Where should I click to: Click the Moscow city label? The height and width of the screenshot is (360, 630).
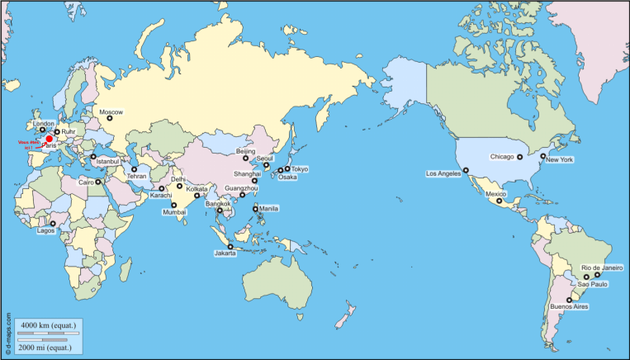click(x=111, y=112)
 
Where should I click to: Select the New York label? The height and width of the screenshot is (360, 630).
click(x=560, y=159)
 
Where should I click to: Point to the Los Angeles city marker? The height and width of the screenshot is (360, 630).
click(x=466, y=170)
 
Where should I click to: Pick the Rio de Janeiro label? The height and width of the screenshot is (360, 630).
click(x=602, y=267)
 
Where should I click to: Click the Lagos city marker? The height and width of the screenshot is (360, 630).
click(x=53, y=223)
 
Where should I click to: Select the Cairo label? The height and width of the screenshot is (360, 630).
click(x=87, y=182)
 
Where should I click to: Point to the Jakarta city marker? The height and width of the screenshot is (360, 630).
click(x=230, y=246)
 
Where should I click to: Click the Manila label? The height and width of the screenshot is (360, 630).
click(x=268, y=209)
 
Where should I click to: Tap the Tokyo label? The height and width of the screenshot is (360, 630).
click(x=299, y=169)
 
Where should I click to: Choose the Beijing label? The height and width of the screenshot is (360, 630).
click(x=246, y=152)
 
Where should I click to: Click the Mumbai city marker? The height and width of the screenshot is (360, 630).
click(x=174, y=204)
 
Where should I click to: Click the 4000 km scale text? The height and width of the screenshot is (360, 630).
click(x=49, y=326)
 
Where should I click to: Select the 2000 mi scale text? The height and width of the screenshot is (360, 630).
click(x=49, y=348)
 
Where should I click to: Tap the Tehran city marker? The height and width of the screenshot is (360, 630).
click(x=134, y=169)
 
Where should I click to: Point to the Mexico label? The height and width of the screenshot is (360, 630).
click(x=495, y=194)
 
